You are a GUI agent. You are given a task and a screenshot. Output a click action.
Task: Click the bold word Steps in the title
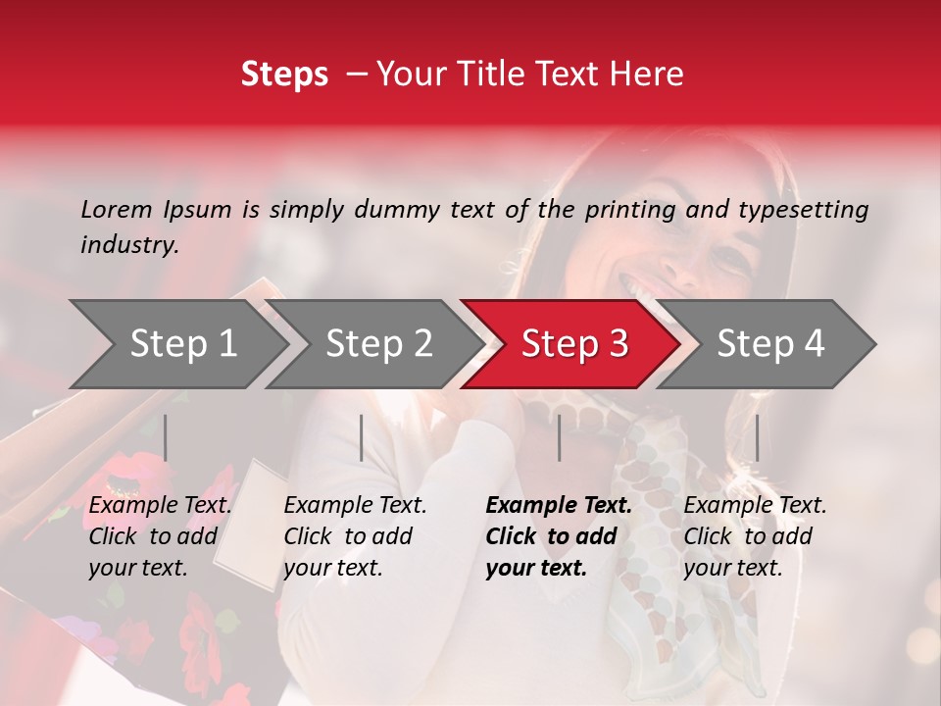click(x=284, y=75)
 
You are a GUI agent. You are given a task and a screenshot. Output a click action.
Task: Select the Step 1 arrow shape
click(x=182, y=343)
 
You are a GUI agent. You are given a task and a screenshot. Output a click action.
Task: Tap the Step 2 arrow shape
click(x=378, y=343)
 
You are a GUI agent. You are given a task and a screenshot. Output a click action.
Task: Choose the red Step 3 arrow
click(x=574, y=343)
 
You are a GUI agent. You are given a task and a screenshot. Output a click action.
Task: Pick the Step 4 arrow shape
click(x=770, y=343)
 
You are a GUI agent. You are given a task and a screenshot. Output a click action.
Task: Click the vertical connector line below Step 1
click(x=166, y=437)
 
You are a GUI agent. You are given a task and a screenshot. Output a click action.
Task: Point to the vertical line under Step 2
click(x=362, y=437)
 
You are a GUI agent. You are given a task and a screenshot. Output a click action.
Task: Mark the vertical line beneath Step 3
click(x=559, y=437)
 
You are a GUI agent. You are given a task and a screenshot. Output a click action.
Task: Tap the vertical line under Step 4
click(x=757, y=437)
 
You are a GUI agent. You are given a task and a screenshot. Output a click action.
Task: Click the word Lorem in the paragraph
click(x=117, y=209)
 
